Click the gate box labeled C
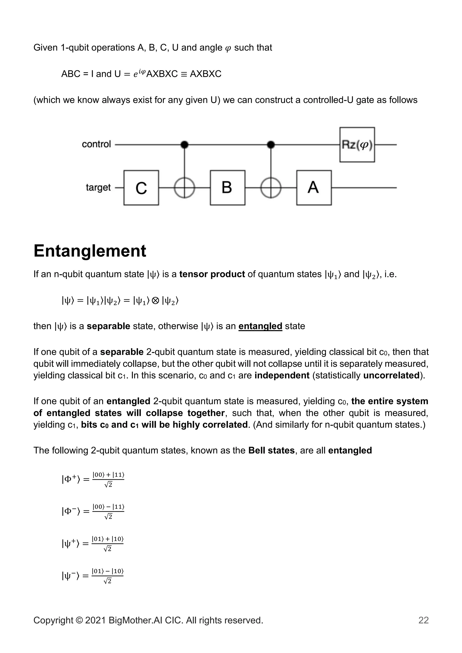click(x=141, y=188)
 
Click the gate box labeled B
click(x=227, y=188)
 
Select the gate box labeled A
click(x=314, y=188)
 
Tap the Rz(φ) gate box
click(x=357, y=145)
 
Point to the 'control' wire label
click(x=96, y=144)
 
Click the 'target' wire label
click(x=98, y=188)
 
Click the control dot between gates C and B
click(x=185, y=145)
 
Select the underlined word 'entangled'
click(x=260, y=326)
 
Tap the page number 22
click(x=423, y=628)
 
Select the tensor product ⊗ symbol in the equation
click(x=155, y=300)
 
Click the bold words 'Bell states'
click(x=271, y=451)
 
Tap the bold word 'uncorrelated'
click(x=391, y=375)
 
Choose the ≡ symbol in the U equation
click(x=184, y=74)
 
